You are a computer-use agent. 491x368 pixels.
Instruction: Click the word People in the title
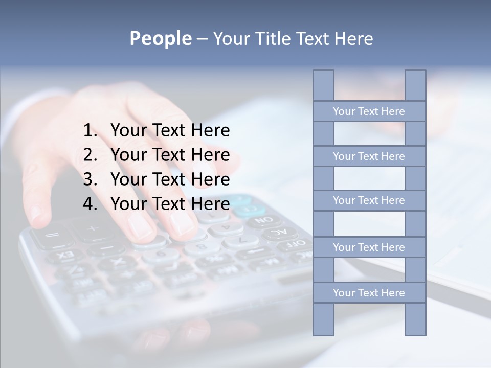coord(160,38)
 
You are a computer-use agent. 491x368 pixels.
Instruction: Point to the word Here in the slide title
coord(353,39)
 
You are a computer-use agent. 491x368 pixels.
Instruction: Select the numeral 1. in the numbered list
coord(90,131)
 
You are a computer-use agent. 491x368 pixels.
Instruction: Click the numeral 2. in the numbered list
coord(90,155)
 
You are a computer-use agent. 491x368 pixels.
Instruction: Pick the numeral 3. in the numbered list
coord(90,179)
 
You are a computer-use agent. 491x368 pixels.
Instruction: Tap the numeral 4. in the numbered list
coord(90,204)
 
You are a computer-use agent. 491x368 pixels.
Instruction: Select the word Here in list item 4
coord(210,204)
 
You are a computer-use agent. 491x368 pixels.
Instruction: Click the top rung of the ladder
coord(369,111)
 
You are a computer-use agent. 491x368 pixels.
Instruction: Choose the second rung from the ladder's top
coord(369,156)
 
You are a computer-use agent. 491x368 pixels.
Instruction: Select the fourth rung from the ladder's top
coord(369,247)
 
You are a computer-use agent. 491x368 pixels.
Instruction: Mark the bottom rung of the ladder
coord(369,293)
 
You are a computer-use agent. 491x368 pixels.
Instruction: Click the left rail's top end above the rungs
coord(323,85)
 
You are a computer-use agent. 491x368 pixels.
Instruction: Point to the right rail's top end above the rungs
coord(415,85)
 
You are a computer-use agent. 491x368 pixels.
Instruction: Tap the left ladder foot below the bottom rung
coord(323,319)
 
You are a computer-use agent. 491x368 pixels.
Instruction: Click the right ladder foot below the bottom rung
coord(415,319)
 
